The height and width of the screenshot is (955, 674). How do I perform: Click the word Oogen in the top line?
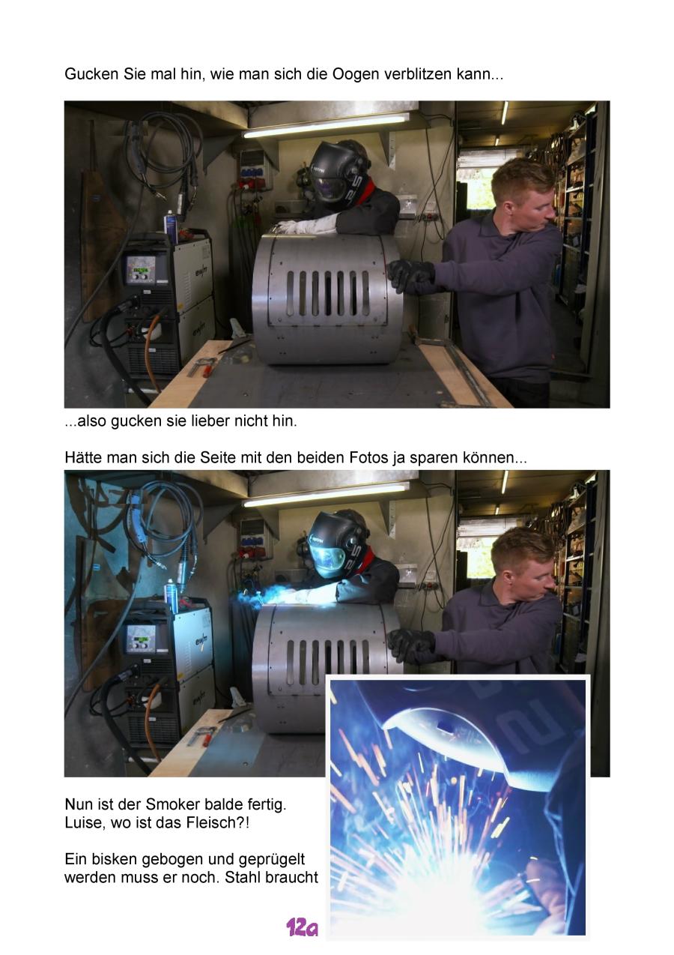(x=355, y=75)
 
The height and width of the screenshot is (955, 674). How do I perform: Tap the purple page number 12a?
(x=302, y=927)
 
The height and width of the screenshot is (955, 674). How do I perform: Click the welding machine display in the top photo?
(x=139, y=269)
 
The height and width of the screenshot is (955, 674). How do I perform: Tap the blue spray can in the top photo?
(x=171, y=226)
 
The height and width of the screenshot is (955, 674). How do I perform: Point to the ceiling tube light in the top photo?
(x=326, y=125)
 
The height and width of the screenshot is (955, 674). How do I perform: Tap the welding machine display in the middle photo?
(x=140, y=639)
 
